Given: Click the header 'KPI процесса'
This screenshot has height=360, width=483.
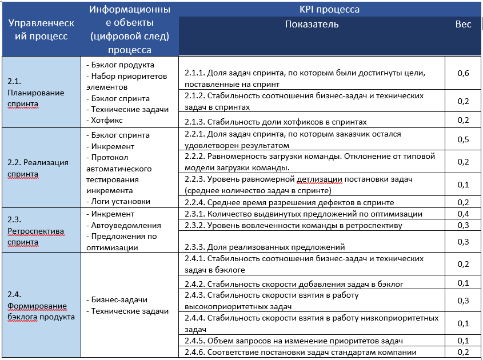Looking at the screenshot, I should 329,10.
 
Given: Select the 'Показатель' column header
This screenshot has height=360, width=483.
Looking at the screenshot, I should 312,25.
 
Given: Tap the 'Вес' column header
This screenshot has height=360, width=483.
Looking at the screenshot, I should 463,25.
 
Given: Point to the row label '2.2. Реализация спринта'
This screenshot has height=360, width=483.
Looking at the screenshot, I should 38,168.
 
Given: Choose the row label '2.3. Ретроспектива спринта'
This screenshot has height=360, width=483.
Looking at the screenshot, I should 35,231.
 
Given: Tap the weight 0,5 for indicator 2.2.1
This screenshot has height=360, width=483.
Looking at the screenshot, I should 463,140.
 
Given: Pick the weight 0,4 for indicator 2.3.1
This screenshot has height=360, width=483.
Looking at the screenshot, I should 463,214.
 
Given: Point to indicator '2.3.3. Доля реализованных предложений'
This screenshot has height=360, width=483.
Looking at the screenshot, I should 265,247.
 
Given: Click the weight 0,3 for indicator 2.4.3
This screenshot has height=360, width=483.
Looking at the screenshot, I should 463,301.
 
